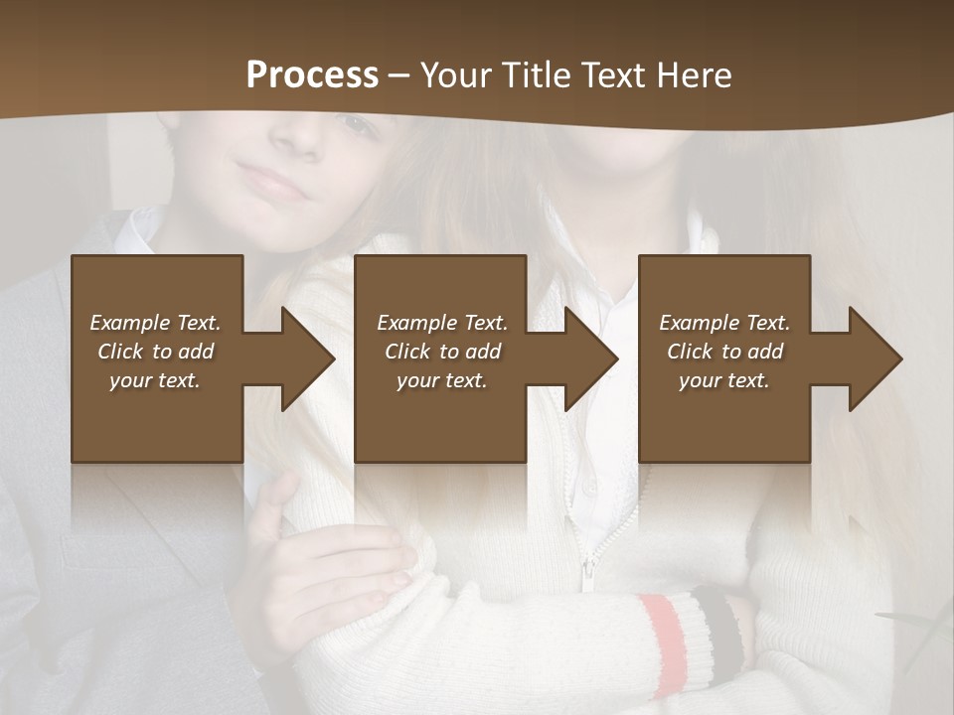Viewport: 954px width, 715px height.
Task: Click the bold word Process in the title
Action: [312, 75]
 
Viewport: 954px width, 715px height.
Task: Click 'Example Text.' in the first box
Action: [155, 323]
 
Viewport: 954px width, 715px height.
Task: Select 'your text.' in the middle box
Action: [441, 380]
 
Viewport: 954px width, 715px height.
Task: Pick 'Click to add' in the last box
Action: [724, 352]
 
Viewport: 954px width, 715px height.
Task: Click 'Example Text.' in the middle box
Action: [442, 323]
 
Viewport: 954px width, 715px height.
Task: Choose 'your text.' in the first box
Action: [155, 380]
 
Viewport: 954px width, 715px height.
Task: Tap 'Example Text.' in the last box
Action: [724, 323]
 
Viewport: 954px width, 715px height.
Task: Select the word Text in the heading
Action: [609, 75]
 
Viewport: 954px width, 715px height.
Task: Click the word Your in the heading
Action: [455, 75]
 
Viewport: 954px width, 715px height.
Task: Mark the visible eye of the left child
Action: [355, 124]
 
